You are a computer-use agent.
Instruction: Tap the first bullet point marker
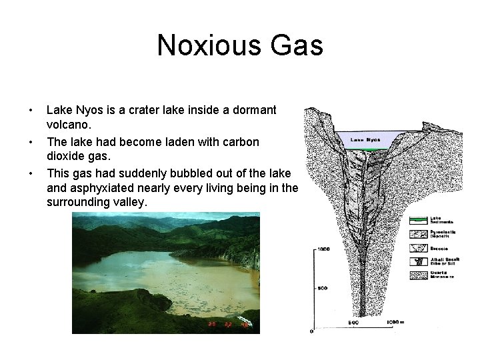29,110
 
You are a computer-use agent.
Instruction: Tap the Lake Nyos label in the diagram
366,140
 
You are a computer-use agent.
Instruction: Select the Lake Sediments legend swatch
418,219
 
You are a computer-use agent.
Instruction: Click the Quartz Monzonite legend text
443,274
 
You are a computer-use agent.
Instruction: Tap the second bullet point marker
29,142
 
